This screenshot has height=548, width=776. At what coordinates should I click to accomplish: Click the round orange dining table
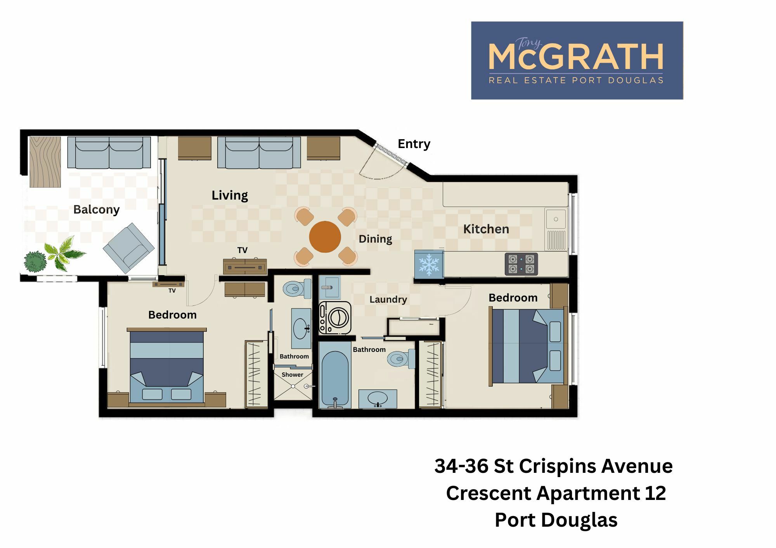pos(325,237)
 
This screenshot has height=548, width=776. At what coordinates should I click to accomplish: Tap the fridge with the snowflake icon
pos(429,264)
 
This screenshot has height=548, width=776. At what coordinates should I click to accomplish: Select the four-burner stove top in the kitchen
pos(521,264)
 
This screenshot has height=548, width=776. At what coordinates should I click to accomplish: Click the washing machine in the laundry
pos(335,318)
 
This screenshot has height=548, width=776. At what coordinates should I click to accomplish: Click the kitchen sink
pos(556,229)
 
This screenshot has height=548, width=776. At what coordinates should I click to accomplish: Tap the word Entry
pos(414,144)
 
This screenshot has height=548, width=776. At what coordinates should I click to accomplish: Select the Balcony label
pos(96,210)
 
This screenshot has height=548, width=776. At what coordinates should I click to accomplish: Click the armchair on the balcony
pos(129,248)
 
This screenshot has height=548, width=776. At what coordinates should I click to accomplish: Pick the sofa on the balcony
pos(109,152)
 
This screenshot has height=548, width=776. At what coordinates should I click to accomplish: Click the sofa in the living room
pos(259,152)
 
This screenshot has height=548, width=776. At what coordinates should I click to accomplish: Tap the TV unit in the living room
pos(245,267)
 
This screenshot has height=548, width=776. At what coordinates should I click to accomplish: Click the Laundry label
pos(388,300)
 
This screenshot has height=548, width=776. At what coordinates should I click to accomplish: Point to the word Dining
pos(375,239)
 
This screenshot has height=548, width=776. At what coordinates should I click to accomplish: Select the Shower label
pos(292,375)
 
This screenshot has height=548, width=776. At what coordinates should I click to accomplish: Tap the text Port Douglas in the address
pos(556,520)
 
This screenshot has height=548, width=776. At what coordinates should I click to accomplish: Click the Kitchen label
pos(486,229)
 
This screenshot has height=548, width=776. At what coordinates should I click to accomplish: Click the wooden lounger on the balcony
pos(45,162)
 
